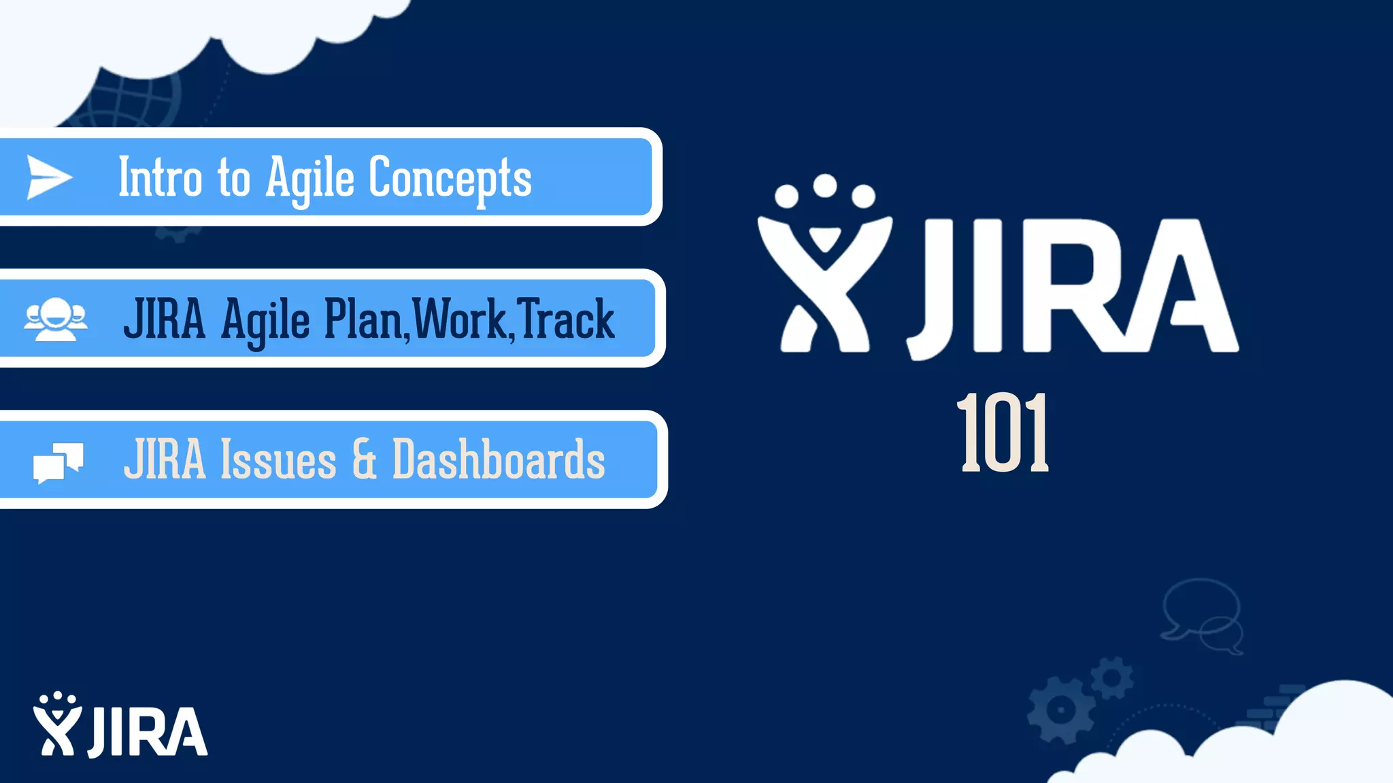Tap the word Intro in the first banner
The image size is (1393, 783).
(x=160, y=178)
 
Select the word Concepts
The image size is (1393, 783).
(x=450, y=178)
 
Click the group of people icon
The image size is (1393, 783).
(x=56, y=319)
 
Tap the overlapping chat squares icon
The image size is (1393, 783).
(x=58, y=463)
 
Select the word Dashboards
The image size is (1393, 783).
(x=499, y=460)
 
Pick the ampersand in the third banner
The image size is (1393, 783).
(x=365, y=459)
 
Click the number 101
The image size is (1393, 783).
(x=1003, y=433)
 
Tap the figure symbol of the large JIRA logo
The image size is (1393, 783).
(x=824, y=265)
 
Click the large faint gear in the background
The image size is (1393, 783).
(x=1060, y=710)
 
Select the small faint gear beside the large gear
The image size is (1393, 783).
(x=1112, y=678)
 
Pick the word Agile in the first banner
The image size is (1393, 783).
(x=309, y=179)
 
